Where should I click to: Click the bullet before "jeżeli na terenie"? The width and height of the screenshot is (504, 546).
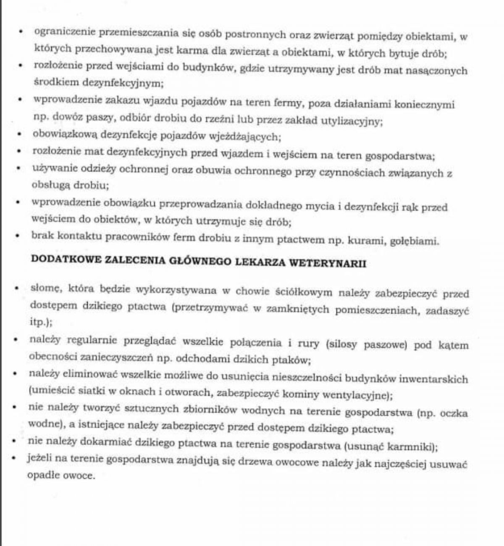pyautogui.click(x=15, y=458)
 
